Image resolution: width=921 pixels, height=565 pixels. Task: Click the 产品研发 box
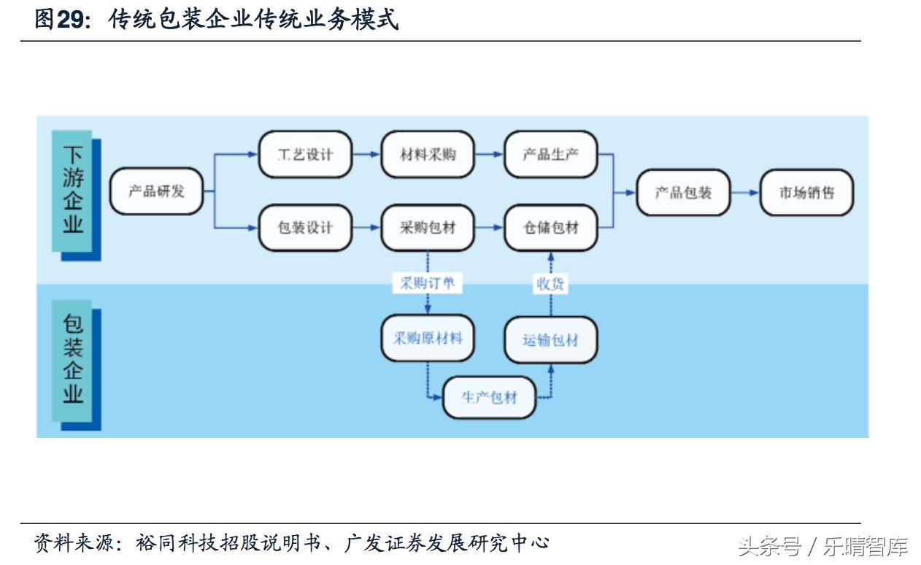(x=156, y=191)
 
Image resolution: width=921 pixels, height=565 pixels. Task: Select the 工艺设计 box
(x=305, y=155)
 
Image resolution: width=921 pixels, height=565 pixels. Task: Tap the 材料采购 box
(x=428, y=155)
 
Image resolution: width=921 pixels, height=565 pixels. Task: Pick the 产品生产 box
(x=551, y=155)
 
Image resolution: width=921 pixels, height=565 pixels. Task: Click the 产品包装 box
(x=683, y=193)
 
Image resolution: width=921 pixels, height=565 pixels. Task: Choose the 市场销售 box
(x=806, y=193)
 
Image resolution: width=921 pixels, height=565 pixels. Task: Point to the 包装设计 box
(x=305, y=228)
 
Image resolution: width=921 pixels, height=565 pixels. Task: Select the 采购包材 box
(x=428, y=228)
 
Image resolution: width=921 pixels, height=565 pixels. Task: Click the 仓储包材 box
(x=551, y=228)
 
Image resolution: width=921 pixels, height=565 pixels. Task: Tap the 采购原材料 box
(x=428, y=338)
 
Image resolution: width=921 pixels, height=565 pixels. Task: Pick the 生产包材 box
(x=489, y=397)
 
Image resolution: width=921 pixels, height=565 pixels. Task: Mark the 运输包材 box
(x=551, y=339)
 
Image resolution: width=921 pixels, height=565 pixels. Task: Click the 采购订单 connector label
(x=427, y=282)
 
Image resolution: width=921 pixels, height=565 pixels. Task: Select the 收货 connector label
(x=550, y=284)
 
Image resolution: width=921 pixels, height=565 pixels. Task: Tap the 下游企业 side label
(x=73, y=191)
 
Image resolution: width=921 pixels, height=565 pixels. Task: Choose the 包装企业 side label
(x=73, y=360)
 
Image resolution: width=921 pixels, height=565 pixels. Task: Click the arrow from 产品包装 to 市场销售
(x=745, y=193)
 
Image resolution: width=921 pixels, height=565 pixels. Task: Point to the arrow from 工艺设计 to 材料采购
(x=366, y=155)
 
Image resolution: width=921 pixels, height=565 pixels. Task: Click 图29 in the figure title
(x=60, y=20)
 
